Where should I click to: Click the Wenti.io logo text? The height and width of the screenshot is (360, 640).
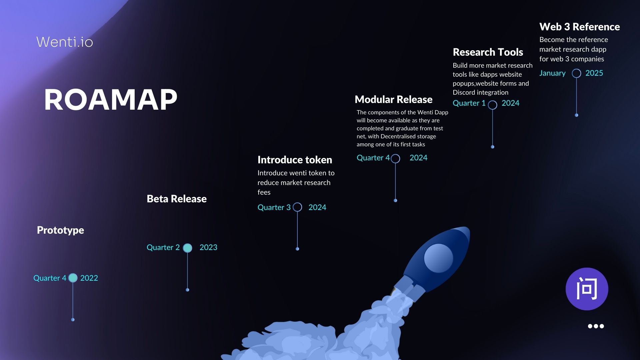click(x=65, y=42)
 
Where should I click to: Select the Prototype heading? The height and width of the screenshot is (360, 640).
click(x=60, y=230)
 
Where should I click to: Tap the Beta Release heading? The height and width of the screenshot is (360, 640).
click(x=177, y=199)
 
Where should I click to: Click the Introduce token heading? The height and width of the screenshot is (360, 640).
click(x=295, y=160)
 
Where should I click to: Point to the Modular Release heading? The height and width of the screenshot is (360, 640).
click(x=394, y=99)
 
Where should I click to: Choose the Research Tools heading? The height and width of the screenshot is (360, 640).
click(x=488, y=52)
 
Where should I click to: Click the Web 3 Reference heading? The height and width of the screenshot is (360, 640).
click(x=580, y=27)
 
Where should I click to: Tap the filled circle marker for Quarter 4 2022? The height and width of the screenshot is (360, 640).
click(x=73, y=278)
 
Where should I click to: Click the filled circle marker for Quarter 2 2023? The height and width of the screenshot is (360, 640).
click(x=187, y=248)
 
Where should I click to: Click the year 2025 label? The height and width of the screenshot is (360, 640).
click(x=594, y=73)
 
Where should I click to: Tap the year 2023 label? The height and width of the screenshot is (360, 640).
click(x=208, y=247)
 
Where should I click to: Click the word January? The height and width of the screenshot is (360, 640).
click(x=552, y=73)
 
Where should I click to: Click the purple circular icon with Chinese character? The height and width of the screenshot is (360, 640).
click(x=587, y=289)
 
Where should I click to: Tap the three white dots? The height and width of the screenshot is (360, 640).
click(x=596, y=326)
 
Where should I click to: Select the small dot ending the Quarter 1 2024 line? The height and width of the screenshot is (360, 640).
click(x=492, y=147)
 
